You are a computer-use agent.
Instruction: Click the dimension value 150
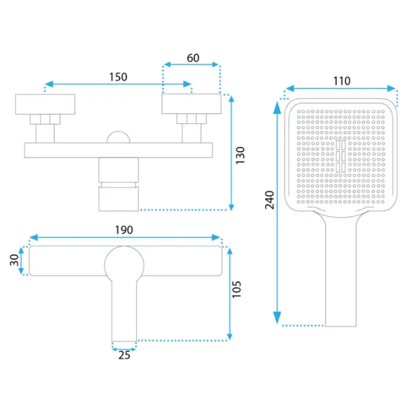118,77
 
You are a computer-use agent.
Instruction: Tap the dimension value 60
193,58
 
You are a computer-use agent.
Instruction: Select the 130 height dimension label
240,156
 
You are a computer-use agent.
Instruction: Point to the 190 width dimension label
124,230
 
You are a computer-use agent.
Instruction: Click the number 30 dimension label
14,260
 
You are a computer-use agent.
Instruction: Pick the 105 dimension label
237,289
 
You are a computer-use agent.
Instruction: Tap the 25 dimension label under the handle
125,355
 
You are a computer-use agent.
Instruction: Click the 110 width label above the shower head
342,81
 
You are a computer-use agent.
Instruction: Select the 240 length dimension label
270,200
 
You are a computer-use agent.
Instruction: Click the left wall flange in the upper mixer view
45,104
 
